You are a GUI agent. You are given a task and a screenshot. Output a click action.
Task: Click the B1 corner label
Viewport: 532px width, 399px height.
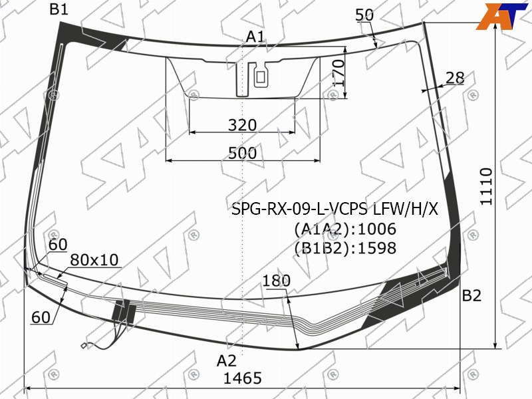pos(59,9)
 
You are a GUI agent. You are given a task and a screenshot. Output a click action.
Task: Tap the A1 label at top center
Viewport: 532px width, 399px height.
pos(255,37)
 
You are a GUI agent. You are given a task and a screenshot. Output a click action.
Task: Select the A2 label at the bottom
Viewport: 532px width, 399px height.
pos(226,360)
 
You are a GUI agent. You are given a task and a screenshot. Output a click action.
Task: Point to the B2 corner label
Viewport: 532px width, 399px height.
pos(471,296)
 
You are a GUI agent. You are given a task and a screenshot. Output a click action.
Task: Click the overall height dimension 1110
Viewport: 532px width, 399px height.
pos(486,186)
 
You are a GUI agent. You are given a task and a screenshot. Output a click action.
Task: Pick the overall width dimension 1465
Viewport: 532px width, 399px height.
pos(243,378)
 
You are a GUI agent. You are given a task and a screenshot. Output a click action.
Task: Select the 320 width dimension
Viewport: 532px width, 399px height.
pos(242,125)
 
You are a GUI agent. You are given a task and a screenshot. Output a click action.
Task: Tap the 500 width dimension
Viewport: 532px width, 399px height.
pos(242,154)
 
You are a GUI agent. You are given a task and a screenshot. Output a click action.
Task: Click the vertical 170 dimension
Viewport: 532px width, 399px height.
pos(338,73)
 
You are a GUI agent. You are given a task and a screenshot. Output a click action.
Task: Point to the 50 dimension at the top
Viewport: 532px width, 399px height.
pos(364,15)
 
